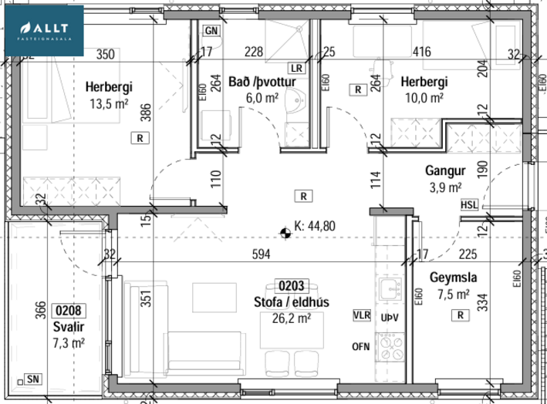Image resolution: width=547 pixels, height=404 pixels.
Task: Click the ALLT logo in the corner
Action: (44, 31)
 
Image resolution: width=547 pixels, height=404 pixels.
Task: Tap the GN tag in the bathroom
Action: (211, 31)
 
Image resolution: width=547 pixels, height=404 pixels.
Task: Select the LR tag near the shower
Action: (296, 68)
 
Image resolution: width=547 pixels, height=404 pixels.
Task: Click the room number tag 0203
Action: (292, 286)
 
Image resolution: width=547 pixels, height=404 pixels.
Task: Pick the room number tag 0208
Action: (69, 311)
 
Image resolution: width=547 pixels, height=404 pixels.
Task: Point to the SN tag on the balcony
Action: (33, 379)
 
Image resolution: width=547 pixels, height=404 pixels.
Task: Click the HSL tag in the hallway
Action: (469, 204)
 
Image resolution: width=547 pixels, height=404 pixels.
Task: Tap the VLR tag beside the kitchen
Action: (361, 315)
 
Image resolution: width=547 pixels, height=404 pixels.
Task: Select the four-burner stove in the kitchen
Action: (391, 347)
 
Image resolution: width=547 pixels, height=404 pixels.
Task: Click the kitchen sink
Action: (390, 289)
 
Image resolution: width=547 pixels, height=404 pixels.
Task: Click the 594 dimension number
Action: (261, 254)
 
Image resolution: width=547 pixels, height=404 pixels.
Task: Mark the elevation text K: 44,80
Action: (315, 226)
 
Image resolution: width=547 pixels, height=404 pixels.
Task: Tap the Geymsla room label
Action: (453, 278)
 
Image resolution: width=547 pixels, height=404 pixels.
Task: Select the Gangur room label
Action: (445, 171)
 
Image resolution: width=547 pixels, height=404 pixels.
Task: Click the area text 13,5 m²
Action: (109, 103)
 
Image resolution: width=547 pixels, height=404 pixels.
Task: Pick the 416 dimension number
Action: (422, 52)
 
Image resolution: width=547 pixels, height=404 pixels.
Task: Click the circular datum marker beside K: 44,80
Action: (285, 233)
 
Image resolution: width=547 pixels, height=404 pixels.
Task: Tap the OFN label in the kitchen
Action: (361, 347)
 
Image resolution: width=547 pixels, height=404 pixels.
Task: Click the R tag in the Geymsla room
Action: (461, 315)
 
